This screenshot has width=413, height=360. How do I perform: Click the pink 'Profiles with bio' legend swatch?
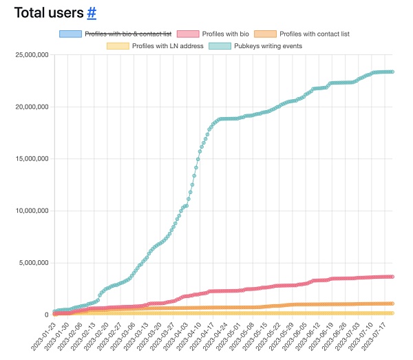[188, 34]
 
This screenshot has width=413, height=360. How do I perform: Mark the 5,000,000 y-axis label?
[29, 262]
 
